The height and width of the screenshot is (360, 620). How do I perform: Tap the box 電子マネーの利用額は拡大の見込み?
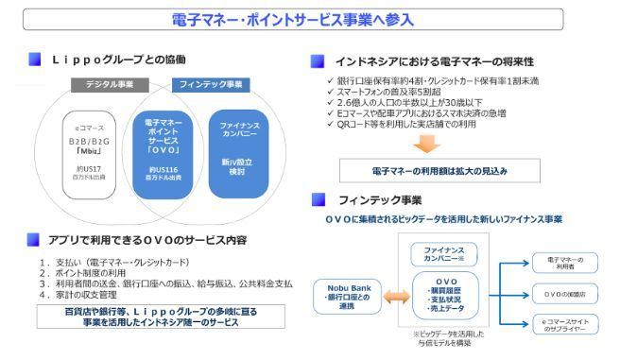[x=430, y=172]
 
